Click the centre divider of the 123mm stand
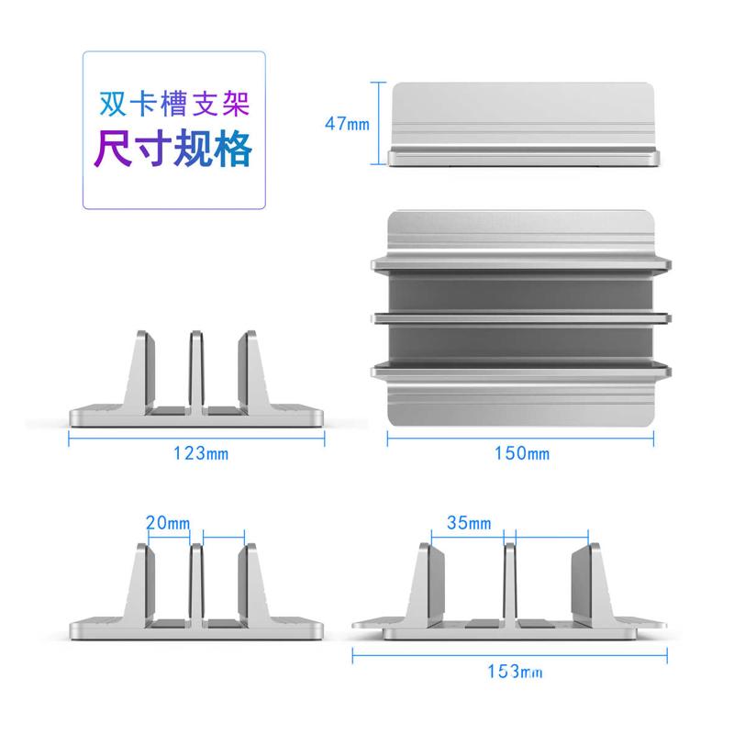coord(195,369)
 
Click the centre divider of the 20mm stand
coord(195,583)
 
